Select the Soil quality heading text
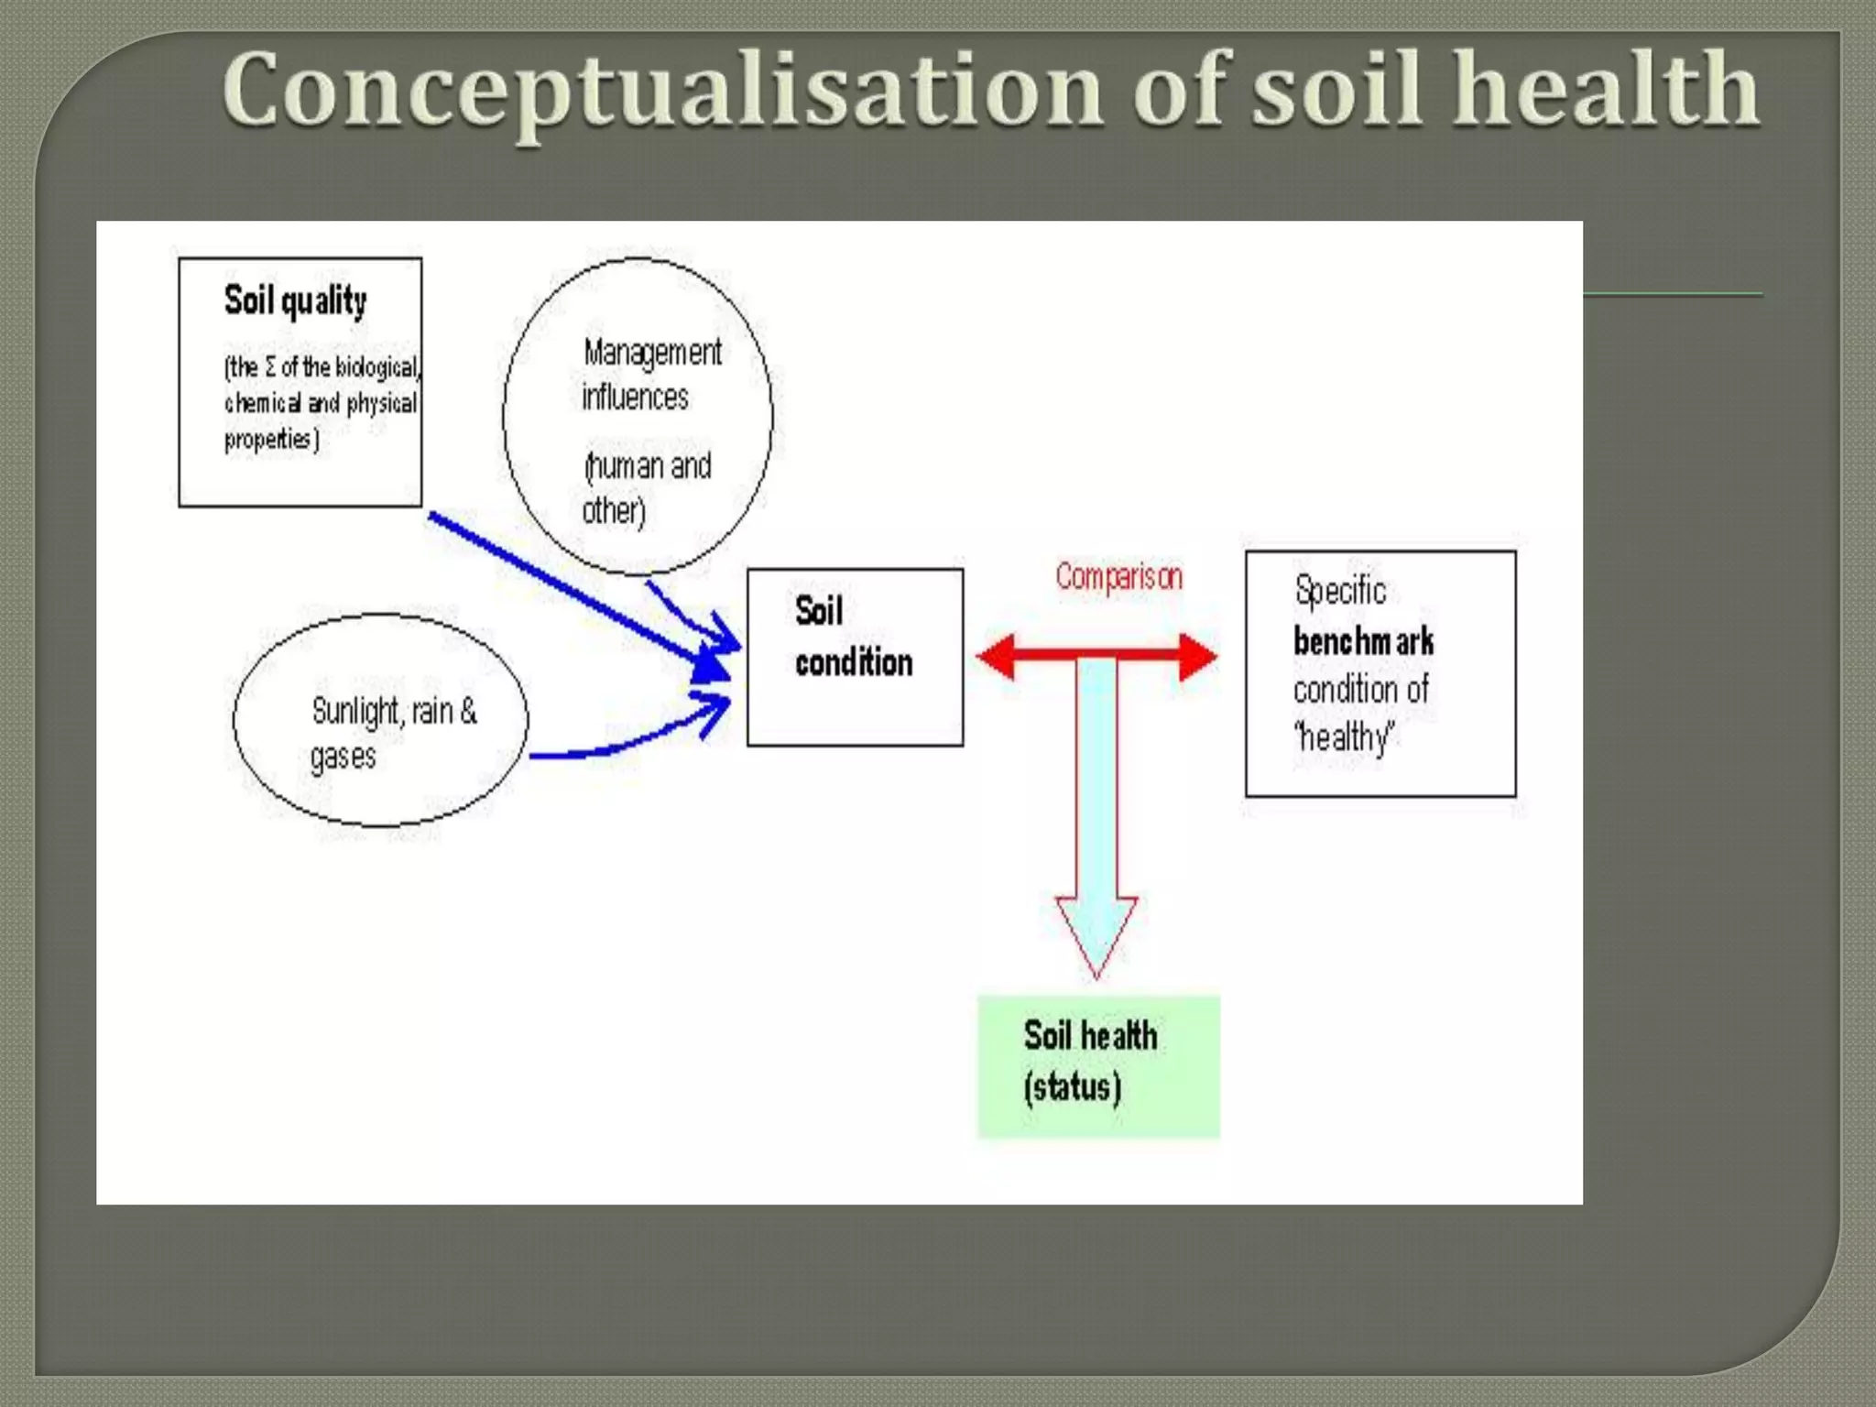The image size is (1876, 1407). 295,300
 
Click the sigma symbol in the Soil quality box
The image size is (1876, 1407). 270,367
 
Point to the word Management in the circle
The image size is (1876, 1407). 652,353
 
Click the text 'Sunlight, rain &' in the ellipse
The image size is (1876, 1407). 394,711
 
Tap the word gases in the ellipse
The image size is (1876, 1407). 343,758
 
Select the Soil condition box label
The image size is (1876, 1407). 853,637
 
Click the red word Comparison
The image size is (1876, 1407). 1118,577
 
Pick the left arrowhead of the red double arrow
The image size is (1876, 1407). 997,657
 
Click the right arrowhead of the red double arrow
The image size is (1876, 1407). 1197,657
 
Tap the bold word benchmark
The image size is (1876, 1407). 1363,641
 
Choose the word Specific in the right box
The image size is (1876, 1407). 1340,591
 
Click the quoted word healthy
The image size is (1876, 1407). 1345,737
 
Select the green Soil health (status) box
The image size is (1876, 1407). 1098,1066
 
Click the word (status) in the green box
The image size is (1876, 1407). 1072,1087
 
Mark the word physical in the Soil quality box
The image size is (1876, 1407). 381,404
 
